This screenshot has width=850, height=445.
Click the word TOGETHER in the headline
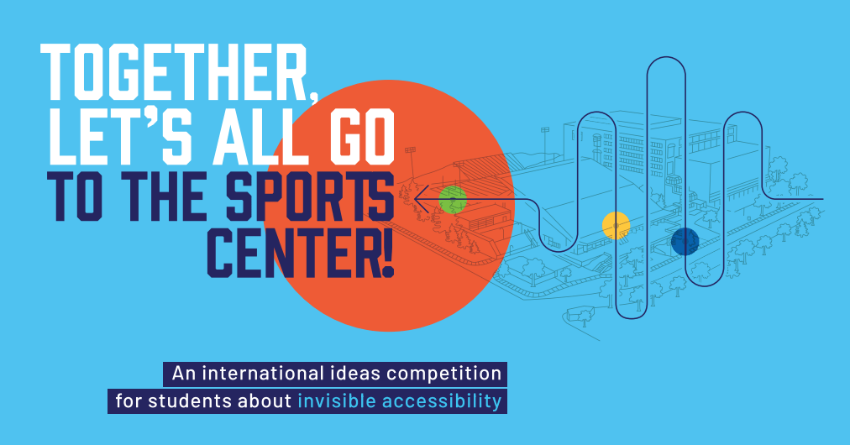pos(174,72)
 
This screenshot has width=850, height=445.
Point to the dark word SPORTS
pos(310,196)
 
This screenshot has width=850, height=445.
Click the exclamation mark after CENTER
pos(387,252)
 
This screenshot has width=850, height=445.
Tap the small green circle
pos(453,200)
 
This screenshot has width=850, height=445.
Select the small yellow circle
pos(616,226)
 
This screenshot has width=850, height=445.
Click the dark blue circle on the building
pos(685,241)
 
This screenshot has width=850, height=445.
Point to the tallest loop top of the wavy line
pos(666,57)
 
